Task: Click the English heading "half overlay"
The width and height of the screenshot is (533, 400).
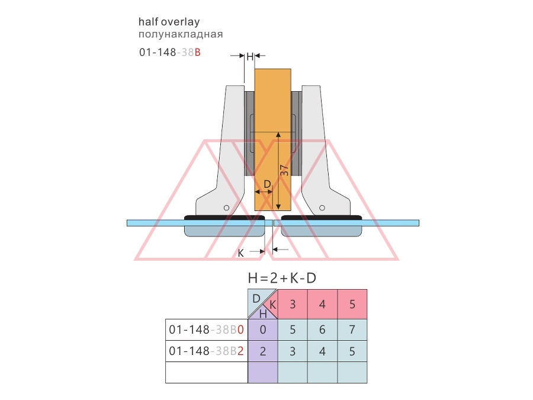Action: pos(169,22)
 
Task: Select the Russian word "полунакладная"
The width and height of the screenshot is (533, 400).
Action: pos(181,34)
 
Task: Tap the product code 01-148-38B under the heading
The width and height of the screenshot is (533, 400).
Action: pos(169,52)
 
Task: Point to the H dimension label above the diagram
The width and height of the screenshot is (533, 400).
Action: pos(250,56)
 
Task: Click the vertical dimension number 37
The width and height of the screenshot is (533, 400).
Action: pos(284,170)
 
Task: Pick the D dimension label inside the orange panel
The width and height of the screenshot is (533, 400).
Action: pos(267,184)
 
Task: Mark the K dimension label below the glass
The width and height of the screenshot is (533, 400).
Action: pos(240,254)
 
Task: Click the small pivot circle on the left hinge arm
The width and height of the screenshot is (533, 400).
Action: pos(226,208)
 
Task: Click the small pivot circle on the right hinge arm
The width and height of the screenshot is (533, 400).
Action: pos(322,207)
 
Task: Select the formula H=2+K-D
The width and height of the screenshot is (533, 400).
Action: pos(282,279)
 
